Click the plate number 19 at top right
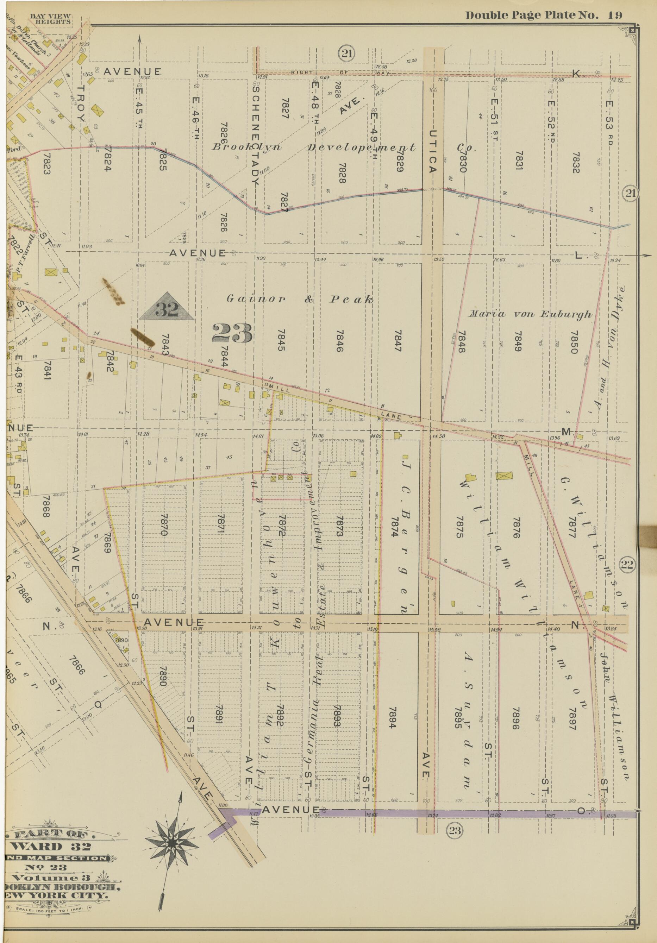pyautogui.click(x=615, y=15)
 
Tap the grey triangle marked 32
pyautogui.click(x=167, y=306)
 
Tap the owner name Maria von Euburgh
pyautogui.click(x=531, y=314)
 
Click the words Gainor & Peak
pyautogui.click(x=300, y=300)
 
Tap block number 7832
pyautogui.click(x=576, y=162)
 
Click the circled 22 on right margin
pyautogui.click(x=627, y=566)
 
